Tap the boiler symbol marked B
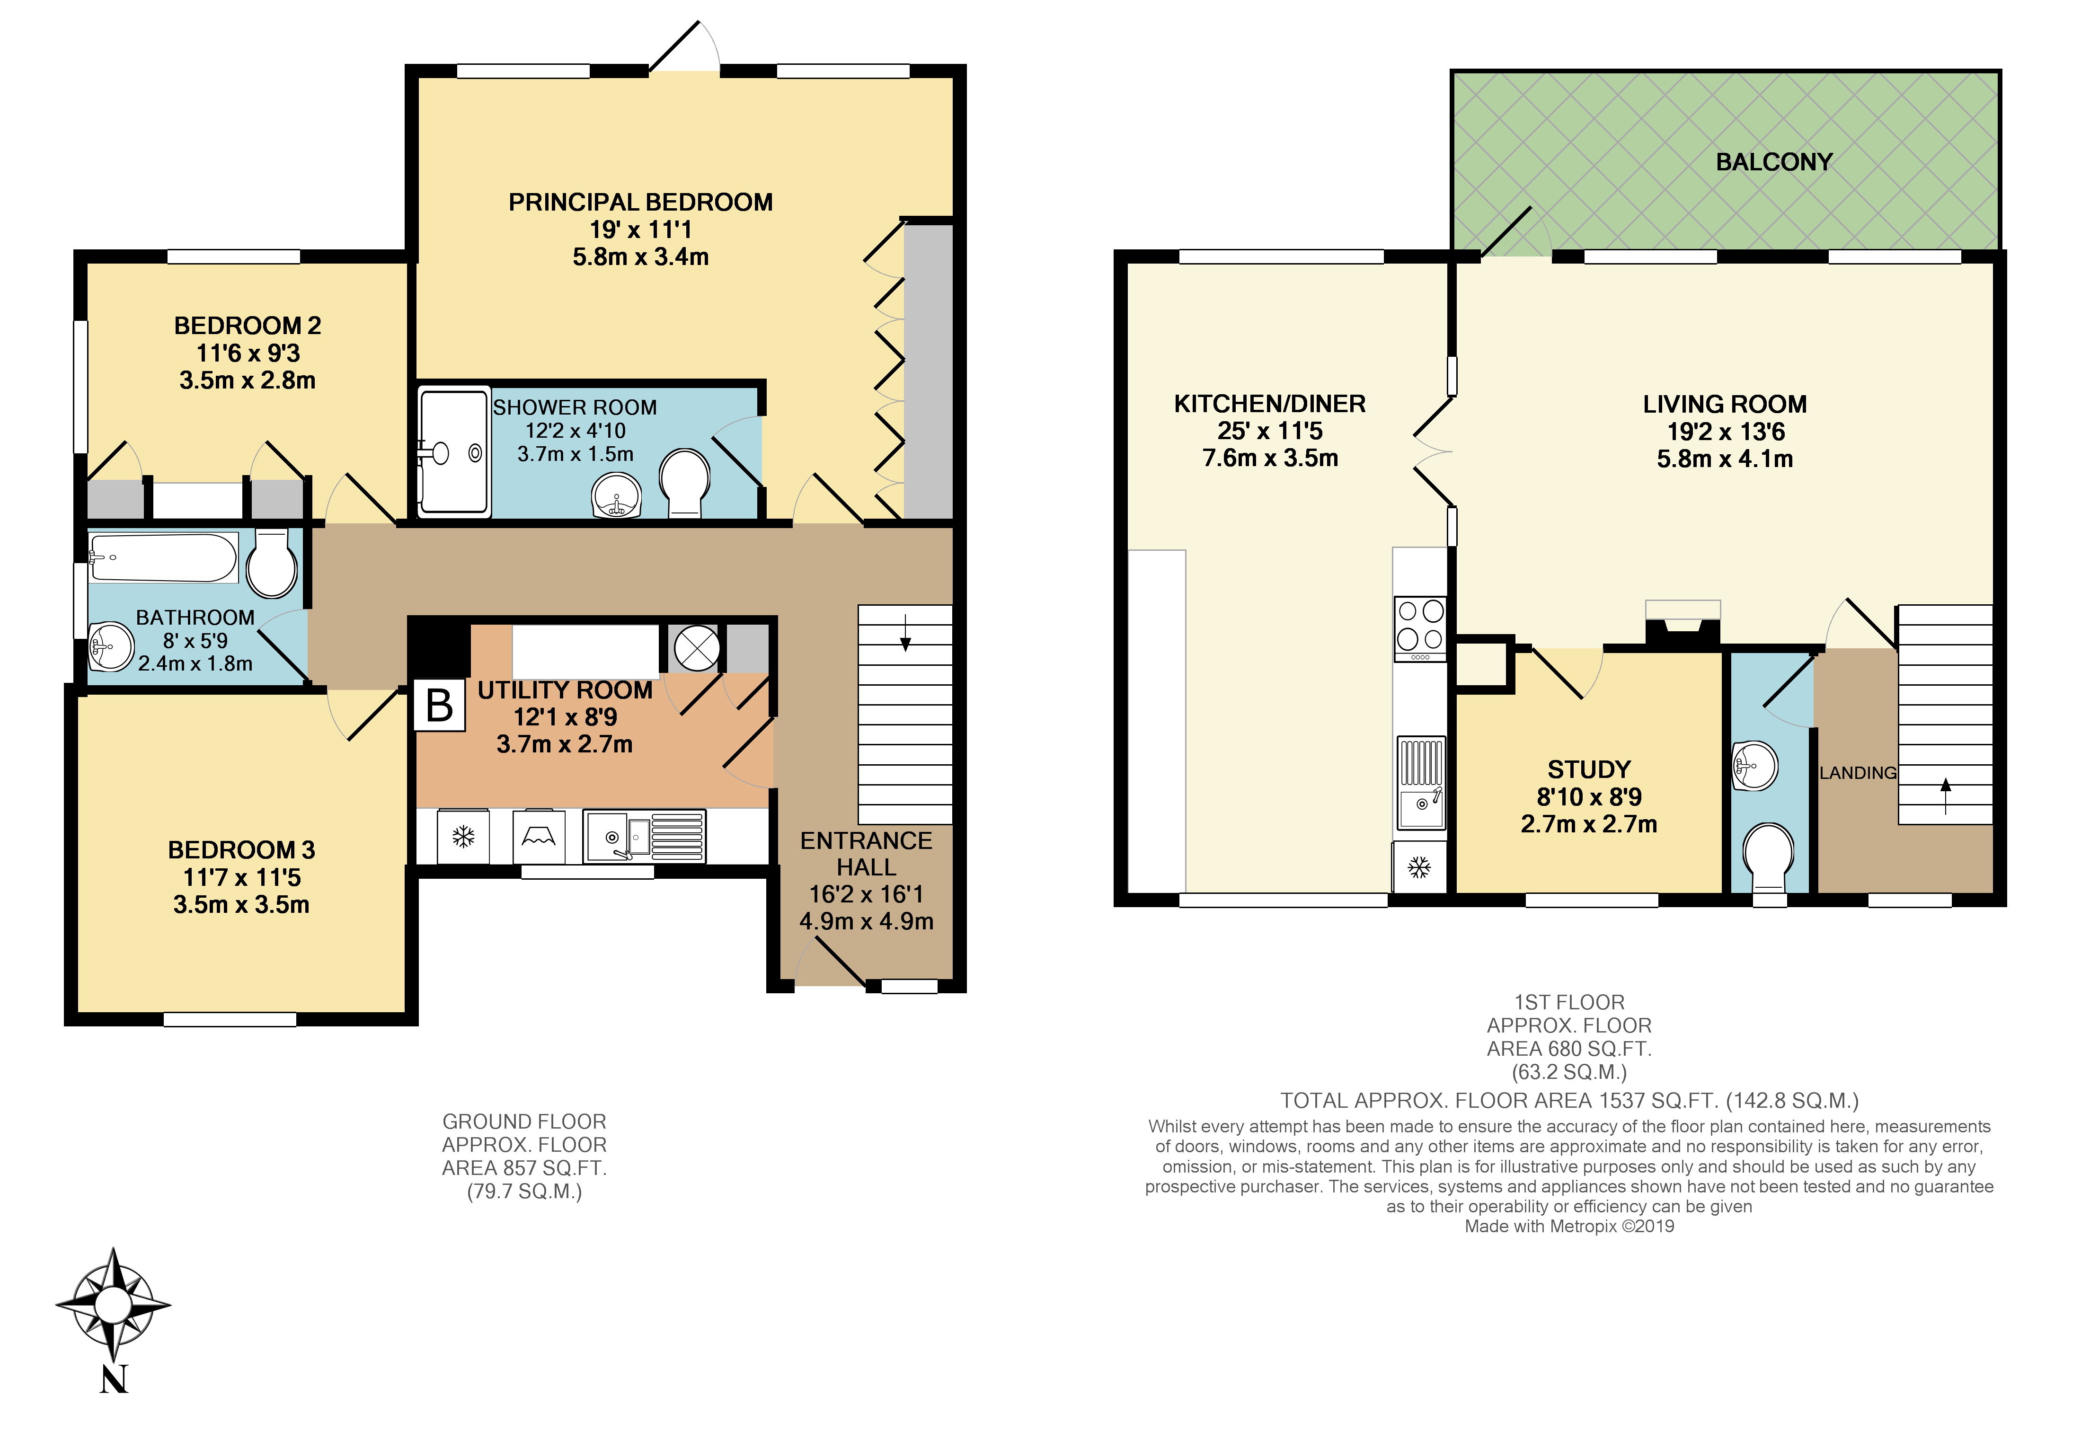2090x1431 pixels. [x=439, y=705]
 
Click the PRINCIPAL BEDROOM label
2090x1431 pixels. [x=640, y=203]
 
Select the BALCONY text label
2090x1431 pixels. [x=1773, y=162]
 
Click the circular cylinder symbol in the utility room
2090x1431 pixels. [x=697, y=647]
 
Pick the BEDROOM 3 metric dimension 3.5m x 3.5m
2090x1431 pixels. [x=241, y=905]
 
